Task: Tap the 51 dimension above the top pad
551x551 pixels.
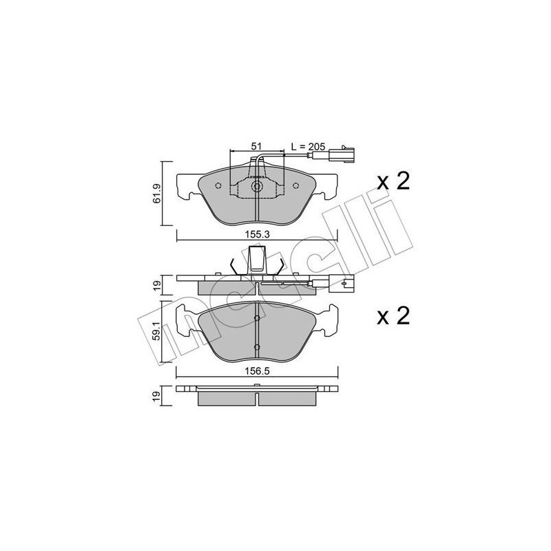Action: pos(256,146)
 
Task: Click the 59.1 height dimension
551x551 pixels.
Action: pos(158,331)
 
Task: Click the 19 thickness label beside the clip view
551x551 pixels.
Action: pos(158,283)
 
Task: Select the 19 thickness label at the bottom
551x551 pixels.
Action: pos(158,395)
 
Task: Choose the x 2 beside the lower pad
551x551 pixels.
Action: pos(393,316)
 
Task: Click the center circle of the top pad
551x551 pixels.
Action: pos(256,187)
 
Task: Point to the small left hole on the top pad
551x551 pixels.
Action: pos(218,186)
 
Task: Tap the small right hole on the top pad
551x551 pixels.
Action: pos(295,186)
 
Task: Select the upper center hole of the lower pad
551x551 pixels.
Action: pos(256,318)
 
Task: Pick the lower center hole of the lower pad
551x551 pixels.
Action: pos(256,346)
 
